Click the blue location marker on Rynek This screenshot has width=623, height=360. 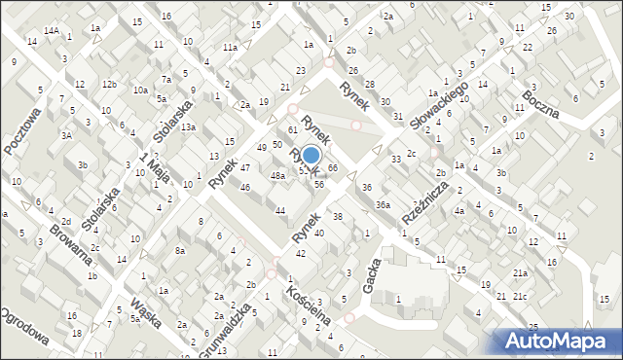point(311,156)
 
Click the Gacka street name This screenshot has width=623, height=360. point(371,282)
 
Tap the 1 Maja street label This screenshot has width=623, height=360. point(150,170)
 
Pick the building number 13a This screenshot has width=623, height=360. point(188,127)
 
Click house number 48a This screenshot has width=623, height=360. point(277,176)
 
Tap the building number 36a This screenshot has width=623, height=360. point(384,204)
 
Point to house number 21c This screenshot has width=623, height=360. point(521,296)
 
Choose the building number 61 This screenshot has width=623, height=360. point(292,129)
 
